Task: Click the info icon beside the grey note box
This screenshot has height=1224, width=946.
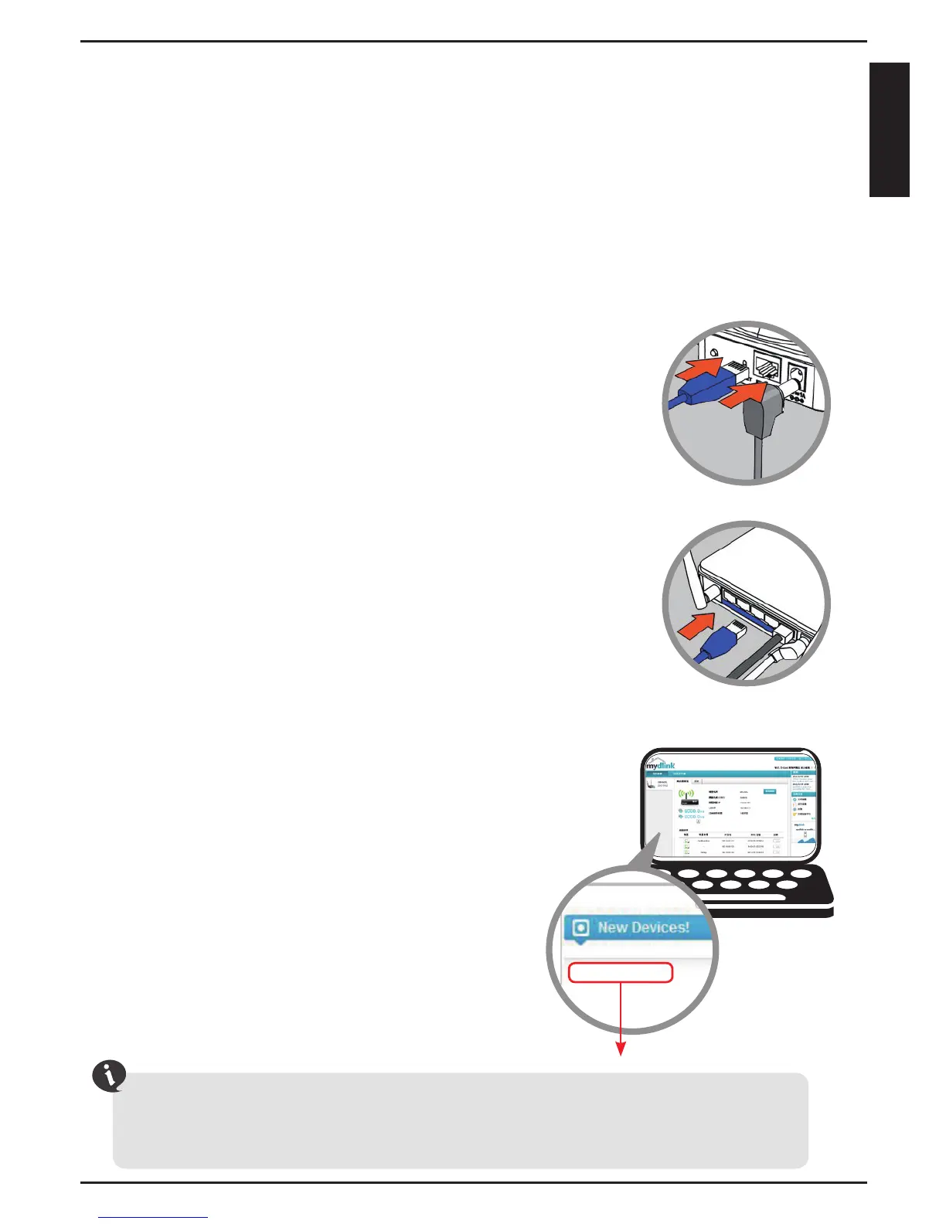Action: [x=110, y=1076]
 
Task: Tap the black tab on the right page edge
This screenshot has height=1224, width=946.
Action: [x=889, y=130]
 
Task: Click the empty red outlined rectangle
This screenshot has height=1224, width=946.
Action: [x=620, y=972]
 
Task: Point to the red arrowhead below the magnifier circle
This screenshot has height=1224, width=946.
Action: [x=620, y=1048]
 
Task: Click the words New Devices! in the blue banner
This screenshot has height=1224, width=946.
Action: [x=643, y=927]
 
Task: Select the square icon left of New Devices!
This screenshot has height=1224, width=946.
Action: [x=580, y=928]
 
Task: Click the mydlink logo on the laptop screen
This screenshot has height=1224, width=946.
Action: [x=661, y=764]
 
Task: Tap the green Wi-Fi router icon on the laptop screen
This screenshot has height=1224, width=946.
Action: [x=686, y=794]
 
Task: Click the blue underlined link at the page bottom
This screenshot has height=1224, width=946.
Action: [x=154, y=1218]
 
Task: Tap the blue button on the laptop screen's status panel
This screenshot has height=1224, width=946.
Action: [x=770, y=791]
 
